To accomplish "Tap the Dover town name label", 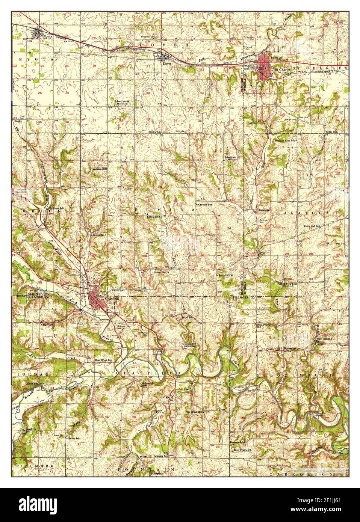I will point(167,63).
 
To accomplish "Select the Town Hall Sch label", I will point(312,226).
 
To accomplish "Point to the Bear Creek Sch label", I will point(103,360).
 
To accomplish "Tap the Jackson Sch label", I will point(100,169).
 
